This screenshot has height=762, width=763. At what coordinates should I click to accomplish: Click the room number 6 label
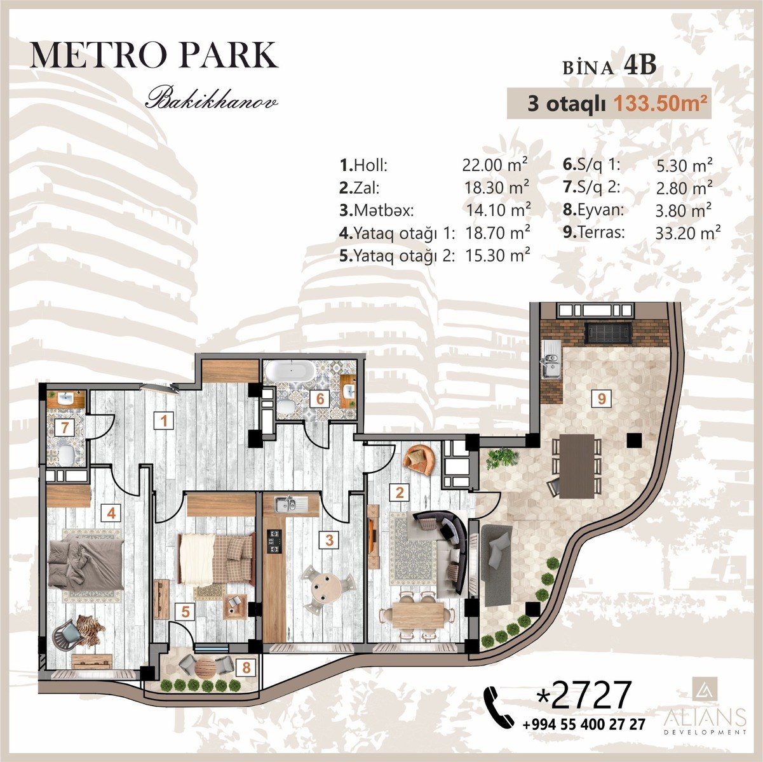click(x=320, y=399)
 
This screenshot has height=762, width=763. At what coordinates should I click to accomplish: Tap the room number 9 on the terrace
click(x=602, y=399)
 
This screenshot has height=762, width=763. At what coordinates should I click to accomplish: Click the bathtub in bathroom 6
click(x=290, y=373)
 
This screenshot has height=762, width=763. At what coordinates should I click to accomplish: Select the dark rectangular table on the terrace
click(x=576, y=465)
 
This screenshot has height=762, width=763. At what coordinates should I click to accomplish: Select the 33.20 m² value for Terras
click(x=688, y=234)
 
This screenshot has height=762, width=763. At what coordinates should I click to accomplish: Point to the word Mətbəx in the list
click(x=384, y=210)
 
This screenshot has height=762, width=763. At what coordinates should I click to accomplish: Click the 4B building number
click(x=640, y=65)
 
